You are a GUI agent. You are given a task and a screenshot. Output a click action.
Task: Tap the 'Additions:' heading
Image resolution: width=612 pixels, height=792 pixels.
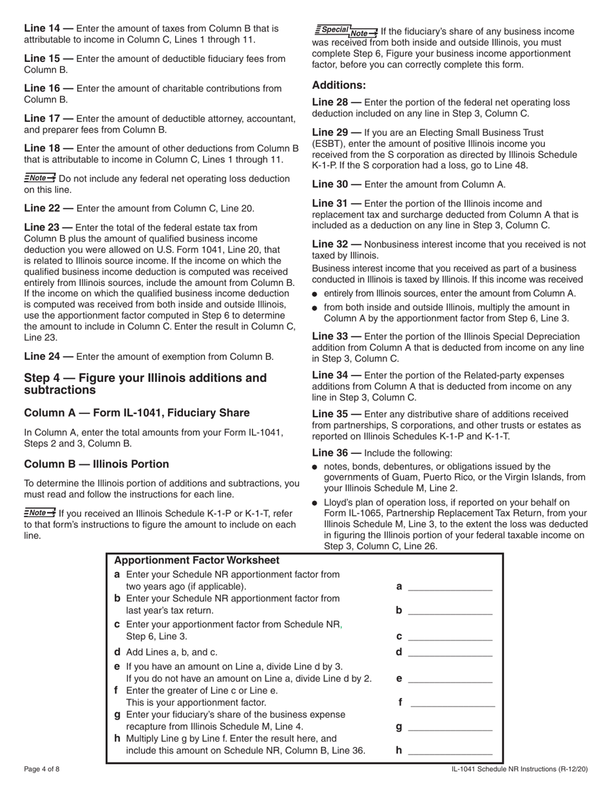point(339,85)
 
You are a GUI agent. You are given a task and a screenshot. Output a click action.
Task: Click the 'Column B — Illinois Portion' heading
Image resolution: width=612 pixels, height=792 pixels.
point(96,464)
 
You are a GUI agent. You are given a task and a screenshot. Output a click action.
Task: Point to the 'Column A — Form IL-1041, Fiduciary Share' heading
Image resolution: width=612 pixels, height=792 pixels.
point(137,413)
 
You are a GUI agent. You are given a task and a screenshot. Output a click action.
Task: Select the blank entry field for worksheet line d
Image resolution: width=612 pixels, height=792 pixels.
point(450,652)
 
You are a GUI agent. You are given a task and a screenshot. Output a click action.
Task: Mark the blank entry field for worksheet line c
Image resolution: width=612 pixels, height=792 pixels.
point(450,636)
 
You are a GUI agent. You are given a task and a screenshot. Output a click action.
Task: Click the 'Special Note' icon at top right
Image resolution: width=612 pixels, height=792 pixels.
point(346,30)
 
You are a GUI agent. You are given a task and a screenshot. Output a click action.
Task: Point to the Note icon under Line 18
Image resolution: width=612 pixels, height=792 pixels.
point(40,178)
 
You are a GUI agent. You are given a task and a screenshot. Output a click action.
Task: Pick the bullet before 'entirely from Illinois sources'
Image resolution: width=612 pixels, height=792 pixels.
point(315,294)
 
